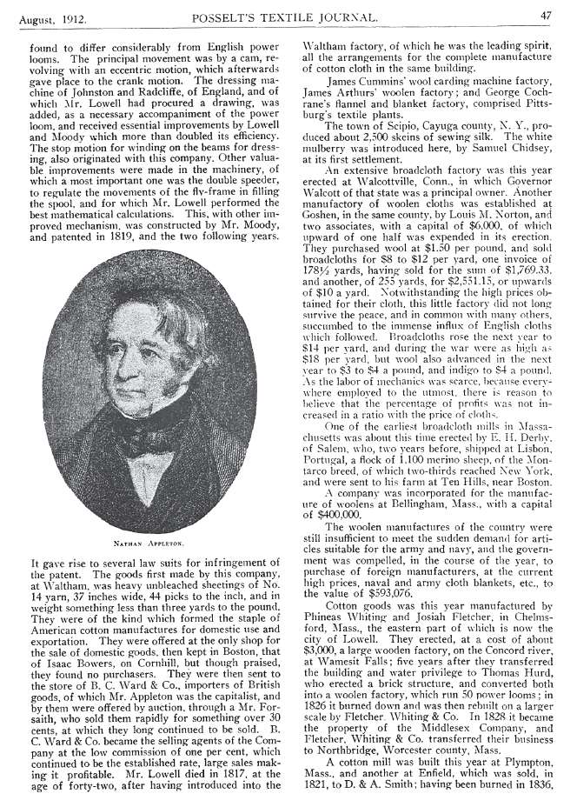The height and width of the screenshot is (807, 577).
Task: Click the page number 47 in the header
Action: tap(546, 15)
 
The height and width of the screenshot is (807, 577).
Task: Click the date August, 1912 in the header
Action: tap(51, 16)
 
